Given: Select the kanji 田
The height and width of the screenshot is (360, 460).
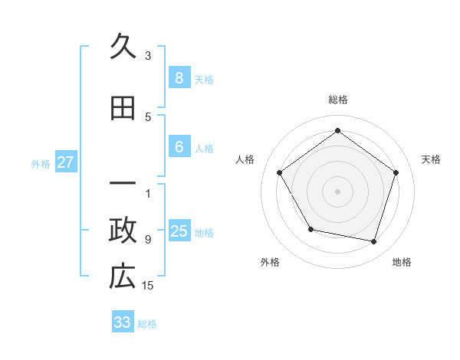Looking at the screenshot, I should [123, 109].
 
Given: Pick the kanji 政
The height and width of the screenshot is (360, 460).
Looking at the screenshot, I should [123, 231].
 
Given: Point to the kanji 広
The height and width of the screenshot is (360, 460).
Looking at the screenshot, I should [123, 277].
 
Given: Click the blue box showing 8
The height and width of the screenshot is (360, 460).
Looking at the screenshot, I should [179, 77].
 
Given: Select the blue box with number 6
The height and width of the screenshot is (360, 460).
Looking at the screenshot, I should [179, 147].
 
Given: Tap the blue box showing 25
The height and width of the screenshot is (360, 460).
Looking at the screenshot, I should [179, 231].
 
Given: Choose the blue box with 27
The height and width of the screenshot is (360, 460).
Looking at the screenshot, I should [66, 162].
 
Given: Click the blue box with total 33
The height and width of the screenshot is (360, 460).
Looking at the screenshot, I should [123, 322].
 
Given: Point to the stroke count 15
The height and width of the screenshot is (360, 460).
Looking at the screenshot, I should [148, 286].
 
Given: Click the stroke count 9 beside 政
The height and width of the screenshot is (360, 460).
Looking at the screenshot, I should [148, 239].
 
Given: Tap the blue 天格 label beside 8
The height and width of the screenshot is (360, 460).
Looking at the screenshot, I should [204, 79].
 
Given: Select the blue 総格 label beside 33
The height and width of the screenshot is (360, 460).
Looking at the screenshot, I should [147, 324].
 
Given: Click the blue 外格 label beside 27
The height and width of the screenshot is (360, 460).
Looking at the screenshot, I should [41, 163].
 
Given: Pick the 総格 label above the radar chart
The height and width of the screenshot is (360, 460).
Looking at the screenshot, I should [338, 100].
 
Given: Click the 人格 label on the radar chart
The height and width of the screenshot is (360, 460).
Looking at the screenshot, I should [245, 159].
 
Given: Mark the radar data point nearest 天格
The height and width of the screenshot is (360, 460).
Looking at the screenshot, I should [396, 172].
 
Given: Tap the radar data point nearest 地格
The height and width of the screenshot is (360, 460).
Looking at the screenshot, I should [374, 241].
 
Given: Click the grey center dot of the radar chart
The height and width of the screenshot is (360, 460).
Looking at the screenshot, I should [338, 191].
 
